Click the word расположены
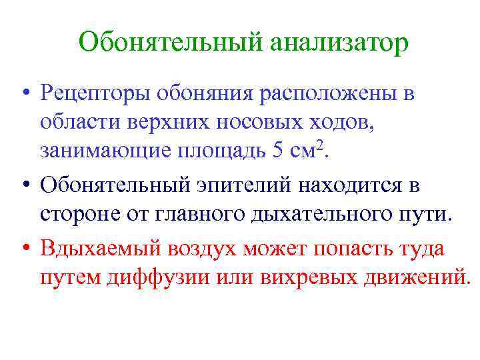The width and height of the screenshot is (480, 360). [x=321, y=95]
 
